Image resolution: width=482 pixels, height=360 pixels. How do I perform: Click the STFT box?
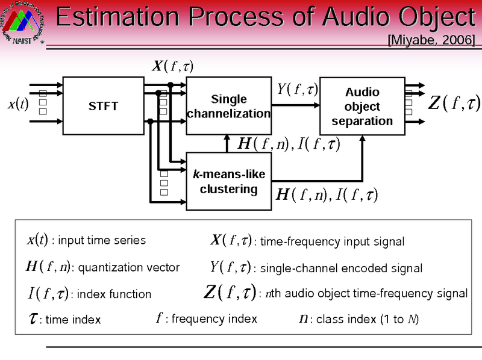click(x=103, y=107)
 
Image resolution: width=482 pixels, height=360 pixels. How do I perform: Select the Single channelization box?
click(x=228, y=107)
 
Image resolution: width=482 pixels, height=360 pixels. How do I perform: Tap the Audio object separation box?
click(x=361, y=107)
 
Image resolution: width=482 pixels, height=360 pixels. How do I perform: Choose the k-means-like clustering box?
click(x=228, y=181)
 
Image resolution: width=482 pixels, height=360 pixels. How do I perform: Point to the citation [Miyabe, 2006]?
click(x=431, y=40)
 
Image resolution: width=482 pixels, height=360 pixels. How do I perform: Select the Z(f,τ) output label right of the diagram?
click(x=453, y=103)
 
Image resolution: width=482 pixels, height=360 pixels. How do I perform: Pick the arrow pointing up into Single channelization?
click(x=227, y=143)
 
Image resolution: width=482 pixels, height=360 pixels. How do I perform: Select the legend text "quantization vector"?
click(x=129, y=267)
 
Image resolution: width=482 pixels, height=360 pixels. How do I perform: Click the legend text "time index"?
click(x=73, y=320)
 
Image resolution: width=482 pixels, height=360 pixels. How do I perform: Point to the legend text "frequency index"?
click(x=214, y=318)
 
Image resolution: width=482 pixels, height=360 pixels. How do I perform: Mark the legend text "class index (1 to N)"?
click(x=367, y=319)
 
